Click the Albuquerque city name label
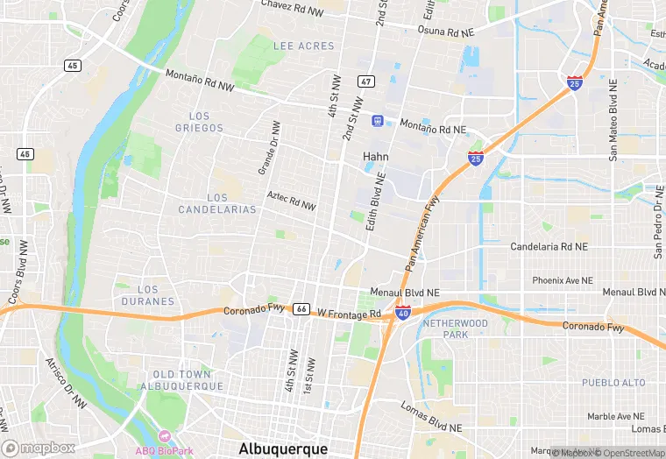click(283, 448)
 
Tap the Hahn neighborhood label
click(376, 156)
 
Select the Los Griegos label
click(200, 122)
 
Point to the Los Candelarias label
click(217, 203)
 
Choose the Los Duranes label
click(148, 295)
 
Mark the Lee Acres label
click(304, 46)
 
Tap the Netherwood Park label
click(455, 329)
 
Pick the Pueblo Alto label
click(613, 383)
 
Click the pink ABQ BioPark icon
click(162, 435)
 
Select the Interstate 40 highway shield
click(402, 312)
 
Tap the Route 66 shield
click(301, 309)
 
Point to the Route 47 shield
click(365, 81)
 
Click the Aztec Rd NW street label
click(290, 201)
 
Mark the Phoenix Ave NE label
click(563, 280)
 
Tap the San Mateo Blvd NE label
click(613, 119)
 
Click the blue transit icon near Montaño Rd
click(378, 120)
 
